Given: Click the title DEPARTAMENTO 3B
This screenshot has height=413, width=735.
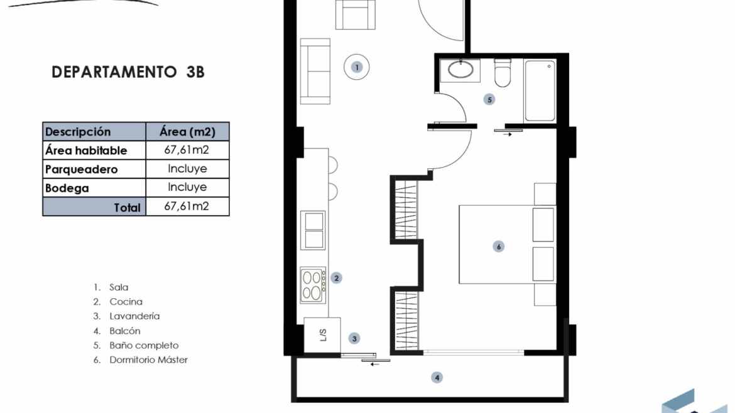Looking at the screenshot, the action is click(128, 72).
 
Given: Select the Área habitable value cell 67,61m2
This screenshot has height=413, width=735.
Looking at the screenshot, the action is click(187, 150).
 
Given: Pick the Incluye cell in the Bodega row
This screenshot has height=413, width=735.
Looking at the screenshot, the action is click(187, 187).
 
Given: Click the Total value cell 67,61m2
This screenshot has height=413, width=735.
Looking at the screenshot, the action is click(187, 206).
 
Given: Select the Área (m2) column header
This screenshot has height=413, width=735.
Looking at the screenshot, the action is click(187, 132).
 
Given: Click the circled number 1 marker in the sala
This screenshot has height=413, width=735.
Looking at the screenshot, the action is click(357, 67).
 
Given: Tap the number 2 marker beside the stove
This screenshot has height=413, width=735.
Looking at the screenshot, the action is click(336, 278).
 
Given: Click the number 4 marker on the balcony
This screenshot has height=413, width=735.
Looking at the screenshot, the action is click(437, 377).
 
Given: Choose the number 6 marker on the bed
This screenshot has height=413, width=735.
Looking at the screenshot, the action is click(498, 246).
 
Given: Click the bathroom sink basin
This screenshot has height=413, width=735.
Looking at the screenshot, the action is click(460, 70).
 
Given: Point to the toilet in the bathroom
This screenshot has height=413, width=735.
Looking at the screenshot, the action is click(503, 73).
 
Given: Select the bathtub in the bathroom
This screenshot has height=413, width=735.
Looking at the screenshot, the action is click(540, 91).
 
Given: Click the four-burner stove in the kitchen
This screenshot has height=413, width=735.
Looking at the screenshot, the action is click(313, 285).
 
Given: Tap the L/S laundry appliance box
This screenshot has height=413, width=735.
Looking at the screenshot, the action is click(322, 335).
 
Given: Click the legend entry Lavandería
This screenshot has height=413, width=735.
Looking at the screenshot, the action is click(134, 316).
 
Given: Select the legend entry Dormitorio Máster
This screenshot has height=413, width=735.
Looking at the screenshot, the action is click(149, 360).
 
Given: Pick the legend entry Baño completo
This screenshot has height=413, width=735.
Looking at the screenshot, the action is click(144, 345).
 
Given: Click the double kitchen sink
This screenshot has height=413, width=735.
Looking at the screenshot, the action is click(313, 230).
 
